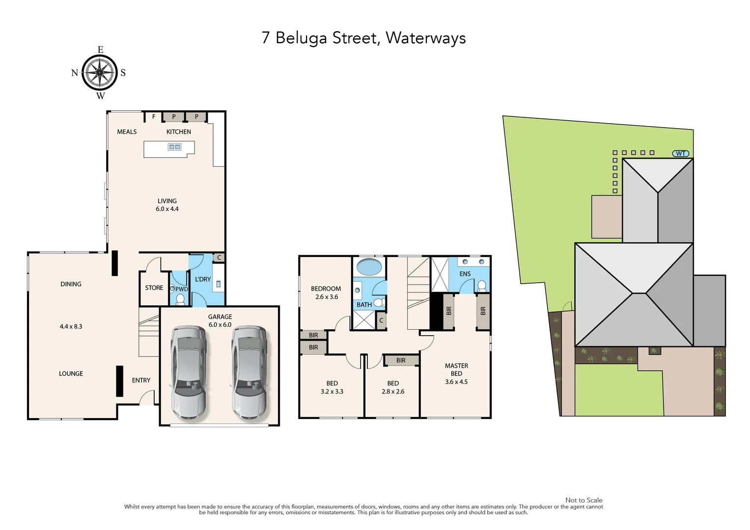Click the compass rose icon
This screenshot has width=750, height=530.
pyautogui.click(x=100, y=73)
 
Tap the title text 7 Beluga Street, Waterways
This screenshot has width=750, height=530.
pyautogui.click(x=363, y=38)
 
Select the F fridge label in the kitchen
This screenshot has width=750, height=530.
pyautogui.click(x=154, y=117)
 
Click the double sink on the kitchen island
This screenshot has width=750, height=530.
pyautogui.click(x=174, y=147)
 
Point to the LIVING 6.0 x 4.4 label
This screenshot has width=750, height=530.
pyautogui.click(x=167, y=205)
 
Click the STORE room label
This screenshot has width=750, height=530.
pyautogui.click(x=154, y=288)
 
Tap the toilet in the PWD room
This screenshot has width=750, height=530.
pyautogui.click(x=180, y=299)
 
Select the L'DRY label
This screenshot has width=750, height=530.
pyautogui.click(x=203, y=279)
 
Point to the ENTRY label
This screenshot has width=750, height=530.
pyautogui.click(x=141, y=380)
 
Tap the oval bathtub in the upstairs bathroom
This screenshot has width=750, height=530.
pyautogui.click(x=369, y=267)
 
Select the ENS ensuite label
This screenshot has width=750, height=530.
pyautogui.click(x=465, y=274)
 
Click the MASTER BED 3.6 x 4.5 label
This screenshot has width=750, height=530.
pyautogui.click(x=456, y=373)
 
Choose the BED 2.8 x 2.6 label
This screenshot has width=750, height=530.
pyautogui.click(x=393, y=387)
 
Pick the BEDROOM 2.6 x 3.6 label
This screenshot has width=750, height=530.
pyautogui.click(x=326, y=292)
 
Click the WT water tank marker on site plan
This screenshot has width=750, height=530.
pyautogui.click(x=680, y=154)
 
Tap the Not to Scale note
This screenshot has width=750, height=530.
pyautogui.click(x=583, y=500)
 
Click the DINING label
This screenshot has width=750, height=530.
pyautogui.click(x=71, y=284)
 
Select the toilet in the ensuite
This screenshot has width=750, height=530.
pyautogui.click(x=482, y=286)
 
